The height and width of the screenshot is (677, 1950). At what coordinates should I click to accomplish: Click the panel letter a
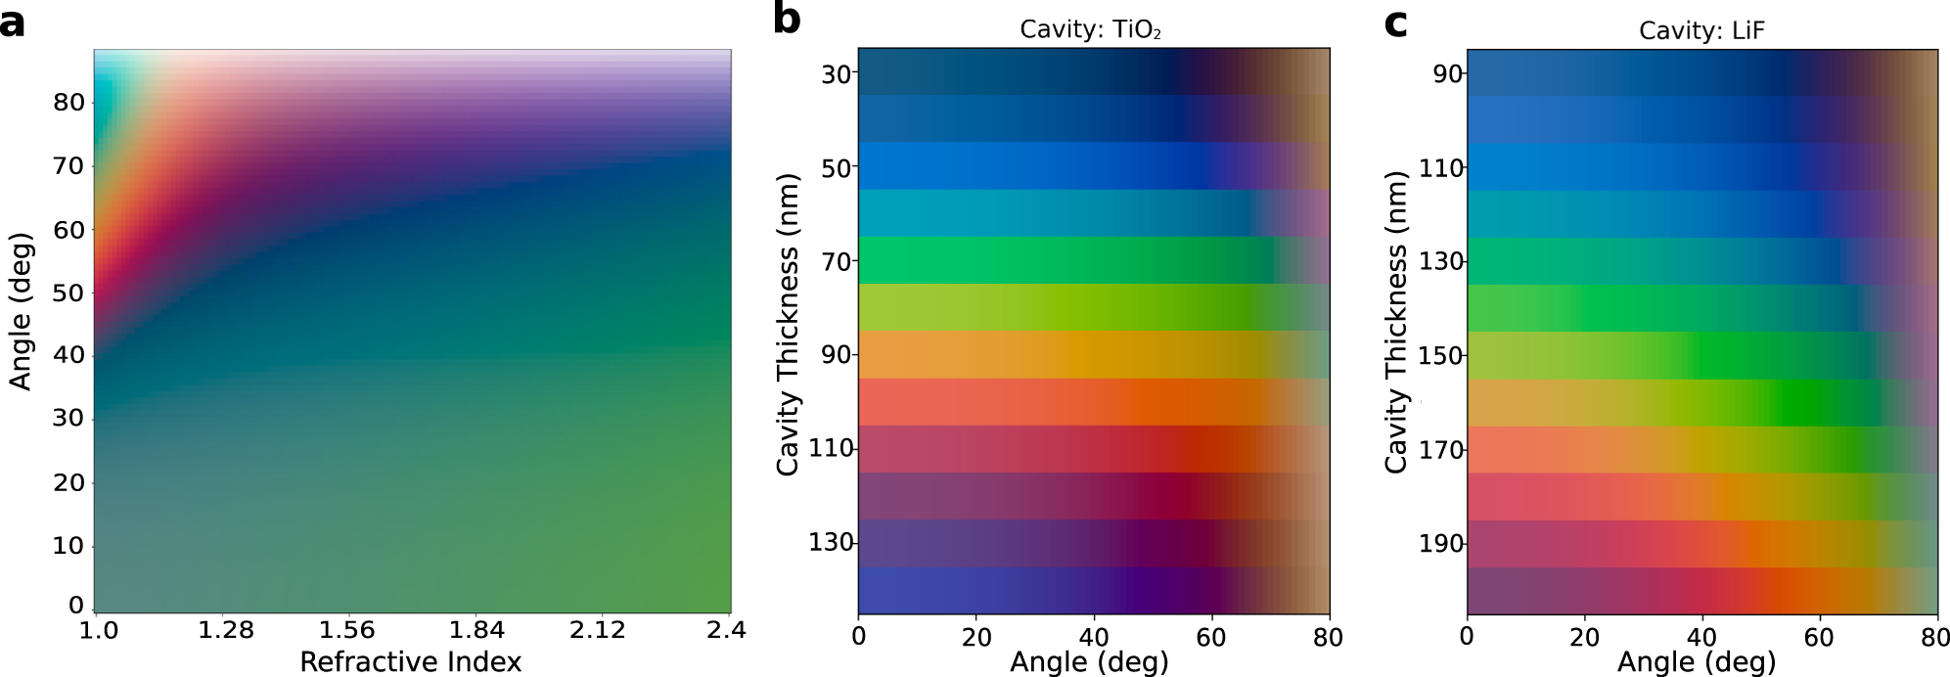tap(13, 22)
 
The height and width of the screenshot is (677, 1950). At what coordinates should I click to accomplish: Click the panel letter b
tap(788, 20)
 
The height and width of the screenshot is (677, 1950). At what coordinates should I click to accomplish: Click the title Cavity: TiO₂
tap(1090, 29)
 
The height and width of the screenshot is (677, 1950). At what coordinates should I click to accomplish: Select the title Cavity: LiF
tap(1701, 31)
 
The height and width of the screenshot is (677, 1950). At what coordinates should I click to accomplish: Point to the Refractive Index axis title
tap(411, 661)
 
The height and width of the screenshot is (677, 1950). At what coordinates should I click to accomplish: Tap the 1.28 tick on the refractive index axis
tap(226, 630)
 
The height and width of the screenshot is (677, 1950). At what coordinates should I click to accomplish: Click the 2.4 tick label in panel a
tap(724, 630)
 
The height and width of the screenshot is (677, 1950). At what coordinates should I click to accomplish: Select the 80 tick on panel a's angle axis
tap(68, 103)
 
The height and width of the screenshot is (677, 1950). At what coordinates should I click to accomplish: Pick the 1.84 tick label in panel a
tap(476, 630)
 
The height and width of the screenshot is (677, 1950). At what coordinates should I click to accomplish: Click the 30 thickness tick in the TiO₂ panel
tap(836, 73)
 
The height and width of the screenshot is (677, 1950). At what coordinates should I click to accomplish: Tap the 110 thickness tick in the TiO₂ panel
tap(830, 449)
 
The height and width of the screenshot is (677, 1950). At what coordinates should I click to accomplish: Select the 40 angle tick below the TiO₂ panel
tap(1094, 637)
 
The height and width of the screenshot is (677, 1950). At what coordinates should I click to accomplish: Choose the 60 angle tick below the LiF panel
tap(1820, 637)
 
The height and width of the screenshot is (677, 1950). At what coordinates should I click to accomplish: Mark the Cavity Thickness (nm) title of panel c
tap(1396, 323)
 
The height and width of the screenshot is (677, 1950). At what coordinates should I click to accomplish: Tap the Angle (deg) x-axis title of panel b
tap(1090, 662)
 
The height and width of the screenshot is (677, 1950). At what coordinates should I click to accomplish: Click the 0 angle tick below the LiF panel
tap(1467, 637)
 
